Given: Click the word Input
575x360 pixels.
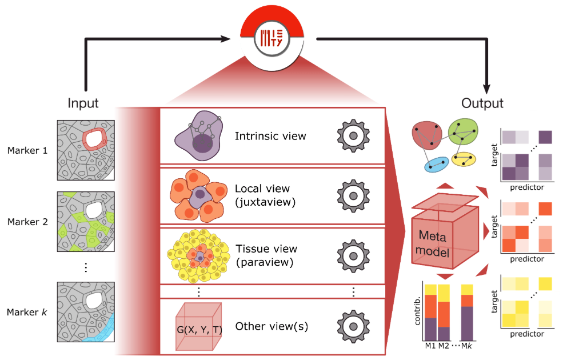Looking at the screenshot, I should (x=83, y=103).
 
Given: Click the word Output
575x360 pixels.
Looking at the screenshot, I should (x=483, y=103).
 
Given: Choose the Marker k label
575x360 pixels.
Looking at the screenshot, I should (x=27, y=311).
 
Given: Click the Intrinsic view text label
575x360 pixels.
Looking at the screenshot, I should (x=270, y=137).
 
